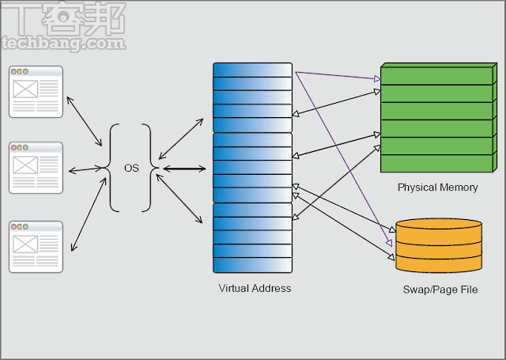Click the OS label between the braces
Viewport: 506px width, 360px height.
click(131, 168)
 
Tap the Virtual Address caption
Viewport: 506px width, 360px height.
click(255, 288)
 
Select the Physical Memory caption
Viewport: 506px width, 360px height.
click(437, 188)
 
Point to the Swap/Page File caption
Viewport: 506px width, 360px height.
click(440, 290)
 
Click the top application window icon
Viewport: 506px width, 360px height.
click(36, 93)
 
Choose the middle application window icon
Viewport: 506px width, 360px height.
click(36, 168)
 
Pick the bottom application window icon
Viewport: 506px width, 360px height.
click(36, 247)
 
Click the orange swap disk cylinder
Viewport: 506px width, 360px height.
click(439, 245)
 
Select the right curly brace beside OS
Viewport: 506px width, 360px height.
click(148, 168)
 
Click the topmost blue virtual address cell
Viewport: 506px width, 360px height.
click(252, 70)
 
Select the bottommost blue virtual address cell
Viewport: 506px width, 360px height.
click(252, 265)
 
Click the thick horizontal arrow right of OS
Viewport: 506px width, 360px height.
click(187, 168)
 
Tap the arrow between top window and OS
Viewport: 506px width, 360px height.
click(85, 121)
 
